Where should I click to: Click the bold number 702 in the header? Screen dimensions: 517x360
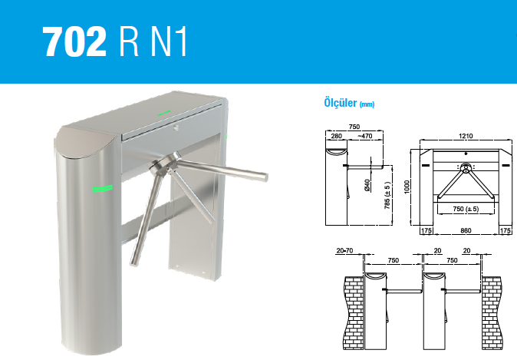[x=74, y=41]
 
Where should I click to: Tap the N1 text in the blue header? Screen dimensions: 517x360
[x=169, y=41]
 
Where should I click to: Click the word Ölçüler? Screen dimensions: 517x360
[x=341, y=103]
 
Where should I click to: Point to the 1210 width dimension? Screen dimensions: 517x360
[x=466, y=136]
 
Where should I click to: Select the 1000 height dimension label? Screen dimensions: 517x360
[x=407, y=187]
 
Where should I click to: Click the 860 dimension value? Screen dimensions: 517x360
[x=466, y=230]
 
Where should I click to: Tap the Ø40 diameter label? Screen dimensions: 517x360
[x=367, y=186]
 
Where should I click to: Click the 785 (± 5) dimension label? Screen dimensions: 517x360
[x=387, y=195]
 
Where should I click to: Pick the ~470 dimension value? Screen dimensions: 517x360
[x=364, y=136]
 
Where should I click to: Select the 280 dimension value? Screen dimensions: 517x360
[x=336, y=136]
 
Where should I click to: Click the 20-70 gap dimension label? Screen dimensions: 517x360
[x=344, y=250]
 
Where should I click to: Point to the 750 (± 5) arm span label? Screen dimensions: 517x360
[x=466, y=209]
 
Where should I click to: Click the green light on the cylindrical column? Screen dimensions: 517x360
[x=102, y=188]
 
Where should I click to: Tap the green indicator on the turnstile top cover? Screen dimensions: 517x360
[x=164, y=113]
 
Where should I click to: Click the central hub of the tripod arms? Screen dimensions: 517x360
[x=164, y=165]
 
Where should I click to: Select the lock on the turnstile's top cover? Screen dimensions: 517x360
[x=176, y=127]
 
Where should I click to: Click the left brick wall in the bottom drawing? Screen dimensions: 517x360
[x=354, y=313]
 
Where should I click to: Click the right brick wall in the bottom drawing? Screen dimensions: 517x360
[x=491, y=313]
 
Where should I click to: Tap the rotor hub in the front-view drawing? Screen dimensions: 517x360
[x=466, y=167]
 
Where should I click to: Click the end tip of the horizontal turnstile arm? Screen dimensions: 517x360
[x=265, y=177]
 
